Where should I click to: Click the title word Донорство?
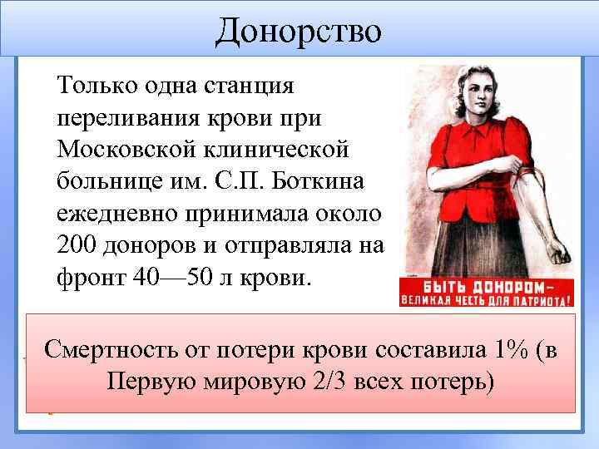(x=299, y=32)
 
